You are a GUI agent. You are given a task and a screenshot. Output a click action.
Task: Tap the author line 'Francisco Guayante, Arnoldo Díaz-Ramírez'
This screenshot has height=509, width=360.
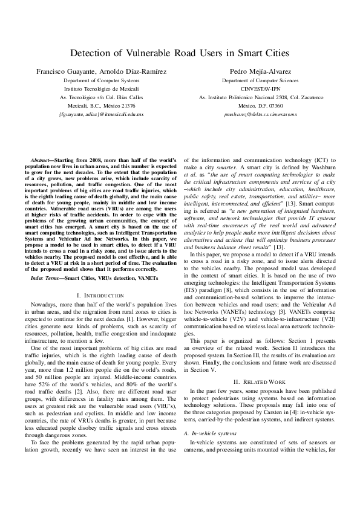(102, 71)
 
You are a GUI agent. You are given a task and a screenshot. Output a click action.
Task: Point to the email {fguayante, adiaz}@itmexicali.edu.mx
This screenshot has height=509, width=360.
(102, 113)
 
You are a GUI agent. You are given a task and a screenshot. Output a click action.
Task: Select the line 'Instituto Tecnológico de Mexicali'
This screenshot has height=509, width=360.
(102, 88)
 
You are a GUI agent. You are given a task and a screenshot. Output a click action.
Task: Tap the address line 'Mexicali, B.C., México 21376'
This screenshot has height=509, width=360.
(102, 105)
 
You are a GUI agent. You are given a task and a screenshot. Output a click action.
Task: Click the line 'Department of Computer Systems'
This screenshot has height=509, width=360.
(102, 80)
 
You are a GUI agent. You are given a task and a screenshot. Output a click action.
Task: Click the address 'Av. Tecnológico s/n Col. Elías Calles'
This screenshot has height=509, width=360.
(102, 97)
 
